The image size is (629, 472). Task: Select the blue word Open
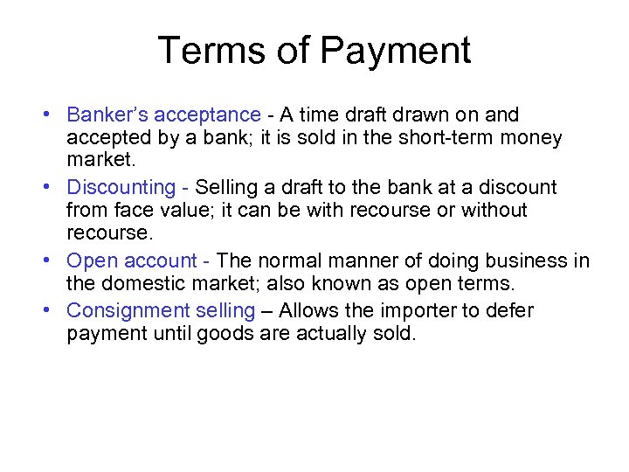click(x=92, y=261)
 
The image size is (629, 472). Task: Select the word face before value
click(x=133, y=211)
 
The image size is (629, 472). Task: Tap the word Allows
click(x=311, y=311)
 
